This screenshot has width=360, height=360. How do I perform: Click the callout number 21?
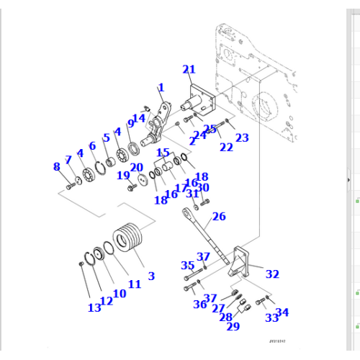(x=189, y=69)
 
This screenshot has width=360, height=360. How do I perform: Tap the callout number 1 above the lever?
(x=161, y=88)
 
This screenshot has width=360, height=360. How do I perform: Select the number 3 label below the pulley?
(x=150, y=276)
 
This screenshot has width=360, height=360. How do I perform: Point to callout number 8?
(x=57, y=167)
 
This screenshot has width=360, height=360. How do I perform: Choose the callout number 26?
(x=219, y=215)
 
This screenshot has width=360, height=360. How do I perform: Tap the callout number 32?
(x=272, y=274)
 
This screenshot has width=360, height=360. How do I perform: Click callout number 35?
(x=187, y=265)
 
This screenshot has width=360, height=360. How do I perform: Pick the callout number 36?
(x=199, y=304)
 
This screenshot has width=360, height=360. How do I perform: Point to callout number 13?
(x=94, y=308)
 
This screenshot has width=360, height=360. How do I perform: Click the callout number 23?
(x=241, y=138)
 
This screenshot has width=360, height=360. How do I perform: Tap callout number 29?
(x=233, y=327)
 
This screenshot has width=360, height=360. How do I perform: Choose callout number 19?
(x=123, y=175)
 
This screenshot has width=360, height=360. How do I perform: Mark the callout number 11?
(x=134, y=284)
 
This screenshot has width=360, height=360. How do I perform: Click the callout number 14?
(x=139, y=118)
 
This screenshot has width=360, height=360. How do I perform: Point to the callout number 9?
(x=130, y=124)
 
